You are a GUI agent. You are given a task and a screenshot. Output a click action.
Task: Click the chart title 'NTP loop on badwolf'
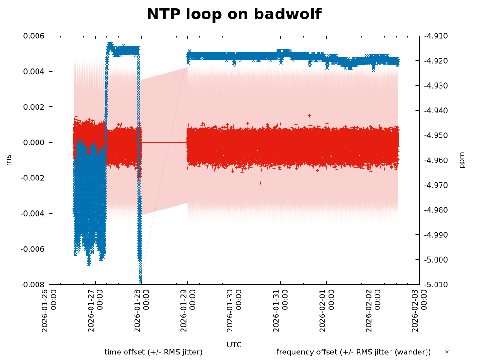[x=234, y=15]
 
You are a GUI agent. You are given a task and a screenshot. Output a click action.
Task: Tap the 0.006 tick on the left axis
[x=34, y=36]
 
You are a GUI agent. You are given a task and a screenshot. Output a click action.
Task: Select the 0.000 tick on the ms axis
[x=34, y=142]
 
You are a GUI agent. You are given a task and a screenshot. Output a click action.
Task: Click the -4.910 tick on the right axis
[x=435, y=36]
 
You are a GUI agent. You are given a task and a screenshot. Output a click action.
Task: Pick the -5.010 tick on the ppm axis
[x=435, y=285]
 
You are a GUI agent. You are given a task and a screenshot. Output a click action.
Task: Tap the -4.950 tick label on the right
[x=435, y=135]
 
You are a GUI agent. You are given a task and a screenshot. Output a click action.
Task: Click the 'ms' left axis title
[x=8, y=160]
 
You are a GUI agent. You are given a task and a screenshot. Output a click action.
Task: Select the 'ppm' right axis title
[x=462, y=160]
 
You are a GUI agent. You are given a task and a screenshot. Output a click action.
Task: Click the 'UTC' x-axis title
[x=234, y=345]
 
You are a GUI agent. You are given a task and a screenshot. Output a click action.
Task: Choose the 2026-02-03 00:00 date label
[x=419, y=310]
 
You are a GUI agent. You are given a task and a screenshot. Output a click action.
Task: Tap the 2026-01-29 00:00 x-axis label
[x=187, y=310]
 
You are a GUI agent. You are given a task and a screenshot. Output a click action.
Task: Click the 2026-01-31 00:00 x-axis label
[x=280, y=310]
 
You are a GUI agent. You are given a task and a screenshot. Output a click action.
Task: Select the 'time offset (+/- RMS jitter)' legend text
[x=153, y=352]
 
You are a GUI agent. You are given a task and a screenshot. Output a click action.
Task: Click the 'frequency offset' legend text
[x=353, y=352]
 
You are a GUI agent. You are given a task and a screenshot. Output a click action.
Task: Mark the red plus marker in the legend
[x=218, y=352]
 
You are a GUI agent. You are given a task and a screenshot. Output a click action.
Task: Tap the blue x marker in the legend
[x=447, y=352]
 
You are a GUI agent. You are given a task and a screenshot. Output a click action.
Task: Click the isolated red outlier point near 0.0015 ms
[x=309, y=115]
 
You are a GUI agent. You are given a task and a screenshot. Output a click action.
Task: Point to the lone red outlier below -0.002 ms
[x=260, y=183]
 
